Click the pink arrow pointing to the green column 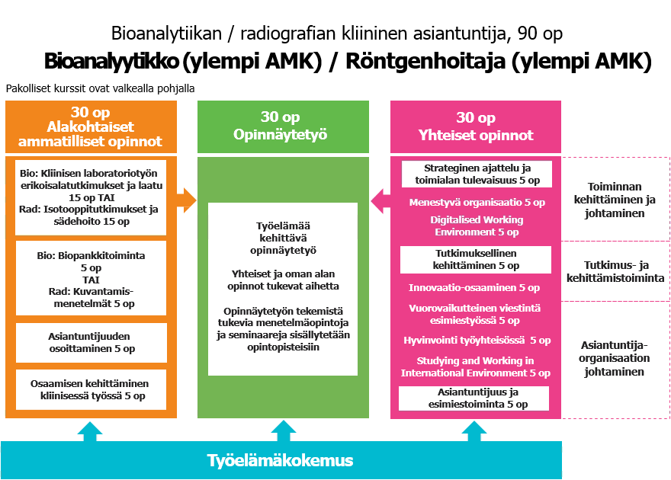coord(380,202)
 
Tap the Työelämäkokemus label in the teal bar coord(281,460)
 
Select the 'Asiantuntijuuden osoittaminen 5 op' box coord(91,341)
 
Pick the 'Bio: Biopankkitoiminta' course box coord(91,278)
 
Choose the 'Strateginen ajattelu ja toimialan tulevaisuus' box coord(476,174)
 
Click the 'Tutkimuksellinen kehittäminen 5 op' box coord(476,260)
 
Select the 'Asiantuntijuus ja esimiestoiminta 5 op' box coord(474,398)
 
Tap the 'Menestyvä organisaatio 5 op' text coord(477,203)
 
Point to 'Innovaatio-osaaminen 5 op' coord(474,288)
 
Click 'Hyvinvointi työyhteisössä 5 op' coord(477,341)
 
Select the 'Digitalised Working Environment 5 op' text coord(477,226)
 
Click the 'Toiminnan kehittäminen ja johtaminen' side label coord(615,200)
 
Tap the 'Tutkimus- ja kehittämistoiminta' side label coord(615,271)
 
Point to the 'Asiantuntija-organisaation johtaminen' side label coord(615,358)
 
